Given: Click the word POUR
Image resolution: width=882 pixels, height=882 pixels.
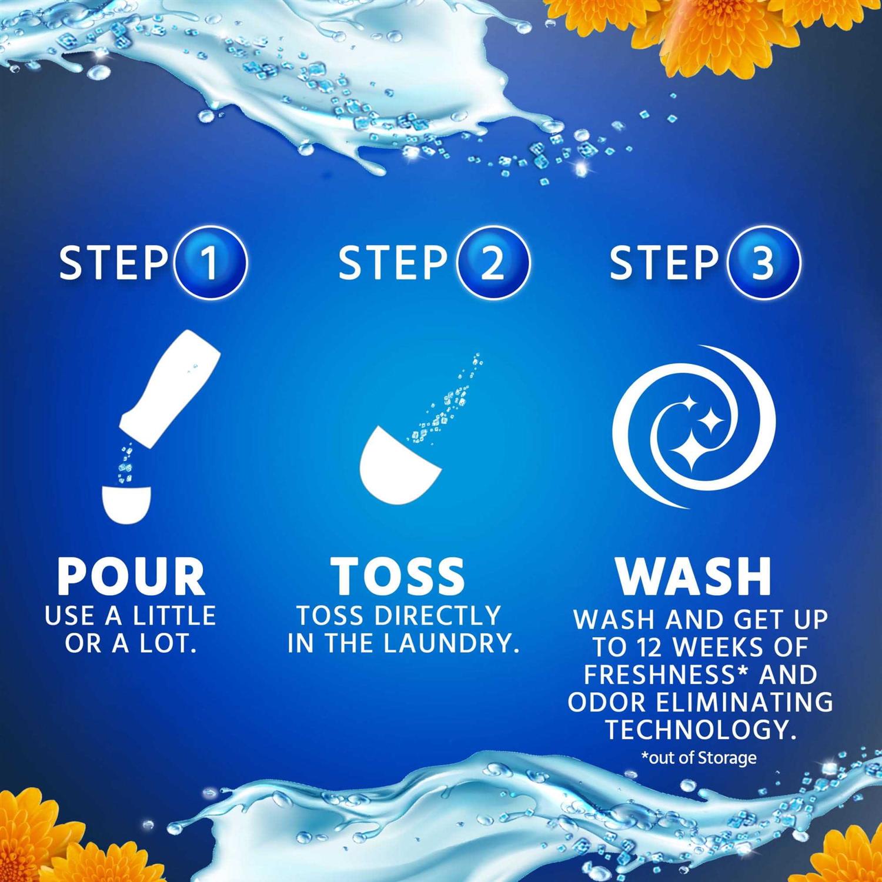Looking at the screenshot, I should pyautogui.click(x=131, y=576).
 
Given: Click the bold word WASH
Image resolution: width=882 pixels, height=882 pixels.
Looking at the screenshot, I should pyautogui.click(x=694, y=576).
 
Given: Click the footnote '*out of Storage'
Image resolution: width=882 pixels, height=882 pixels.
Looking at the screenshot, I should pyautogui.click(x=699, y=758).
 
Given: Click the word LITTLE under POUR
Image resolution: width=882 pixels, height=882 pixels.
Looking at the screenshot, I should pyautogui.click(x=173, y=616).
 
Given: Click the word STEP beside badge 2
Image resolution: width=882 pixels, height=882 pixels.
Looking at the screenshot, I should pyautogui.click(x=393, y=263).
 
